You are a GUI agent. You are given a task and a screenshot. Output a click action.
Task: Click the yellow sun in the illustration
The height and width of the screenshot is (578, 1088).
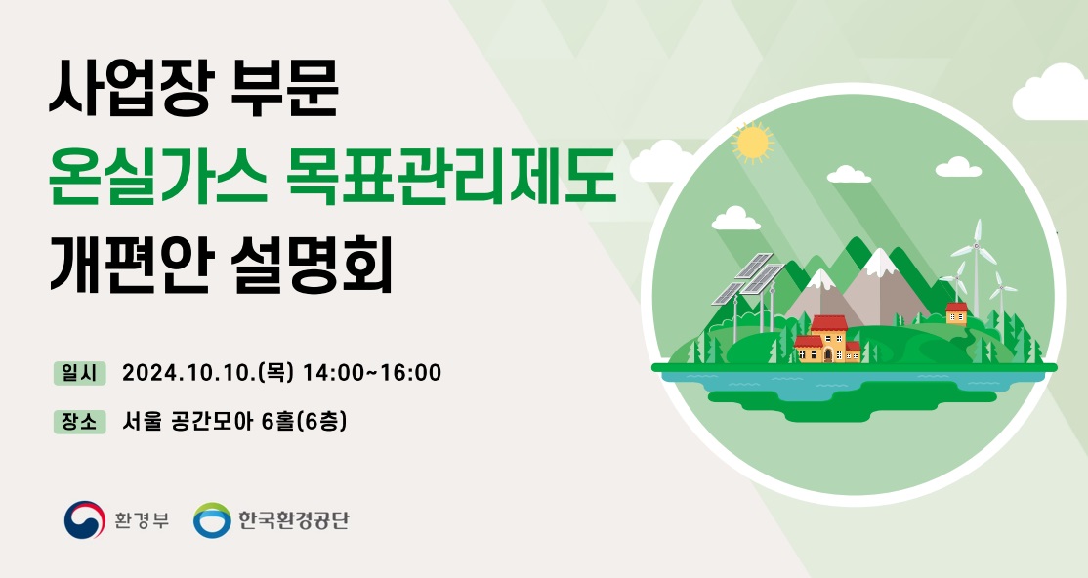point(751,143)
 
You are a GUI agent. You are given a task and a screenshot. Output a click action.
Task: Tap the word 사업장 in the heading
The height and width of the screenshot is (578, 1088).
point(128,88)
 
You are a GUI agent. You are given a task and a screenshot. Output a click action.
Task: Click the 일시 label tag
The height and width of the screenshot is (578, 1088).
point(80,373)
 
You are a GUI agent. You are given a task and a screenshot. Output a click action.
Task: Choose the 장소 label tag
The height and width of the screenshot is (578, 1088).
point(80,421)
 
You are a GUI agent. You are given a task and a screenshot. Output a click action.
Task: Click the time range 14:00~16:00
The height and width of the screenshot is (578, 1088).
point(373,373)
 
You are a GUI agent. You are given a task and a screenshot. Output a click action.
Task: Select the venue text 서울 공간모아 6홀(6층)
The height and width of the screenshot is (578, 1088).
point(234,421)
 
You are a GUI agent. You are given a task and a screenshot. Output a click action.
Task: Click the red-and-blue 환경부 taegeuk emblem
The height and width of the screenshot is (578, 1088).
point(85,519)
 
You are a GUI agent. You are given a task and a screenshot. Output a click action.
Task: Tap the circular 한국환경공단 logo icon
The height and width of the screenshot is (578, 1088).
point(212,520)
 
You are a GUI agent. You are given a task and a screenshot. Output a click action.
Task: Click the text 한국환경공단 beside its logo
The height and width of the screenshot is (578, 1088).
point(294,520)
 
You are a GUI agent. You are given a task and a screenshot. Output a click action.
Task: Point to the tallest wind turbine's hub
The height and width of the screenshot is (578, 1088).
point(977,245)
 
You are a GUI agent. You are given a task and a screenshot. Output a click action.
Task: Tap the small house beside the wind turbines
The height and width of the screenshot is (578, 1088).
point(956,313)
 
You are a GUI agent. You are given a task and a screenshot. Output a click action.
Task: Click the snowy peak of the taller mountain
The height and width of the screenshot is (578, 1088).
point(880,261)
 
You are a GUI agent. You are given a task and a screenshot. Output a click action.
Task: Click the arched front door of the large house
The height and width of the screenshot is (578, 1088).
point(828,354)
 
